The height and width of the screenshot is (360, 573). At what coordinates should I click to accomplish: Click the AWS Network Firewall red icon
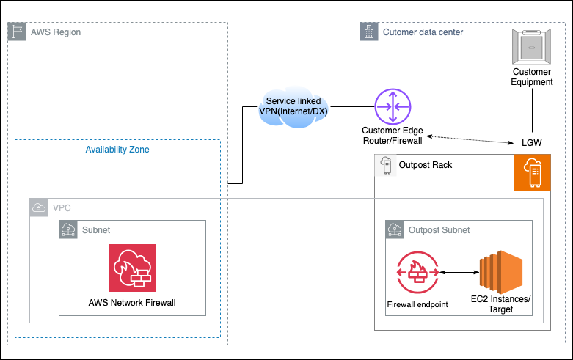[x=132, y=268]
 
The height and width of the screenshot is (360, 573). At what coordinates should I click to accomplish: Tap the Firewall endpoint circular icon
[x=417, y=273]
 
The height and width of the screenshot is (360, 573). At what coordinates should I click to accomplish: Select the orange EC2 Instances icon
[x=499, y=272]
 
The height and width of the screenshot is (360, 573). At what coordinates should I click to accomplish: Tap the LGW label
[x=531, y=142]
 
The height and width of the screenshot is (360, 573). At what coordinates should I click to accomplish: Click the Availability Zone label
[x=117, y=149]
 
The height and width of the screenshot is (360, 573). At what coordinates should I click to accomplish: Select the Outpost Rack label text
[x=425, y=165]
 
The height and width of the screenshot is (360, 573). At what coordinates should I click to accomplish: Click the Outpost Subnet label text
[x=439, y=229]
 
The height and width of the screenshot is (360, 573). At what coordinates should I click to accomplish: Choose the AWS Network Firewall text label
[x=132, y=302]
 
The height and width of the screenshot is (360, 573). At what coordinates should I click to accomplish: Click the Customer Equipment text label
[x=532, y=77]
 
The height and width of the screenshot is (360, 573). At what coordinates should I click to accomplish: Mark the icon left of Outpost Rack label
[x=385, y=166]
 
